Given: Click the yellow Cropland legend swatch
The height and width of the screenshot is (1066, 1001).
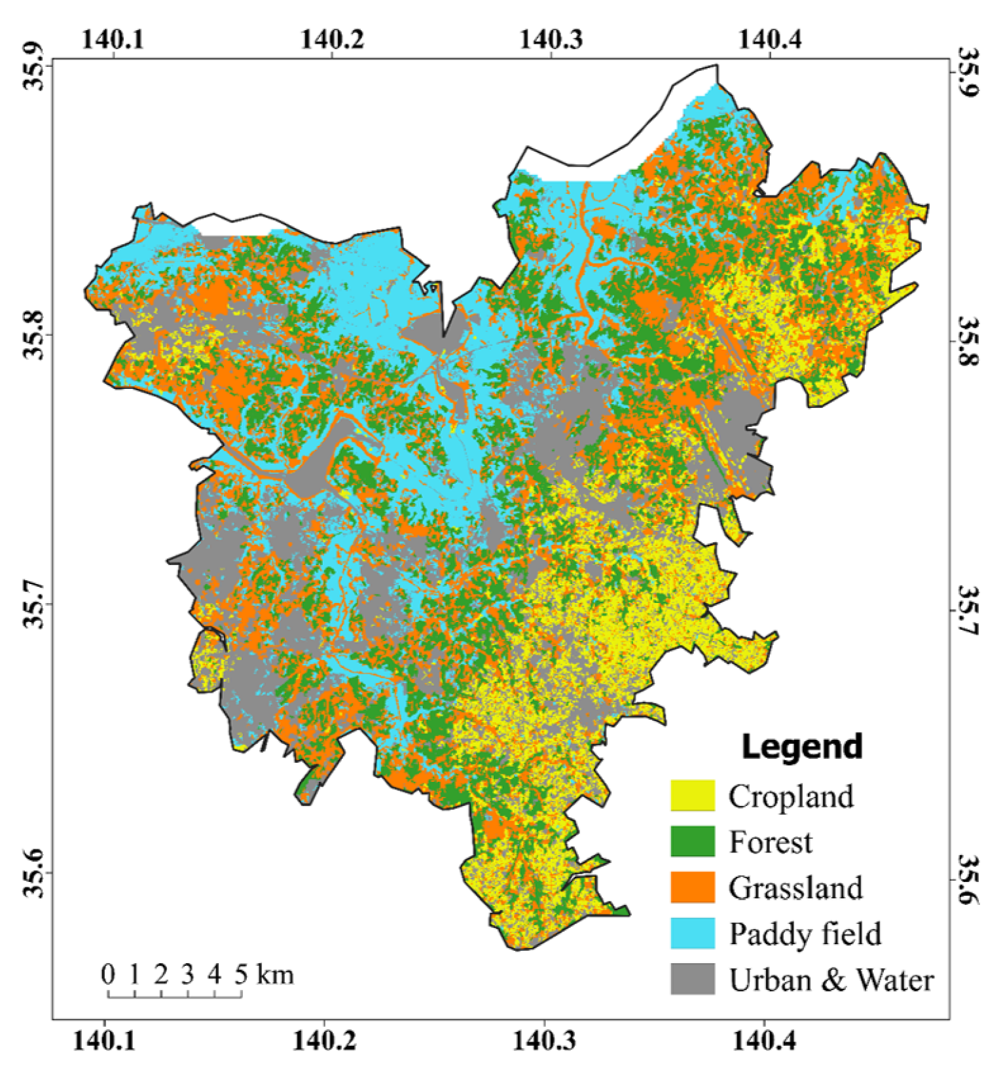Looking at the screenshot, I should pos(692,796).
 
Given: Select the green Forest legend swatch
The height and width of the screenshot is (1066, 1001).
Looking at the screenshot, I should pos(692,841).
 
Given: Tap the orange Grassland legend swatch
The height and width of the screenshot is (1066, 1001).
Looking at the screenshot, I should pos(692,887).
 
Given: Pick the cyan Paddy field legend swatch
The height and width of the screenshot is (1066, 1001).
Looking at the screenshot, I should pos(692,933).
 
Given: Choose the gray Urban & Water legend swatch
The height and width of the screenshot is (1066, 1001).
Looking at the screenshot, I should pos(692,979).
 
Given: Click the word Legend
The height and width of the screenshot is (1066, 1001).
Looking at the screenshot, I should pos(801,746).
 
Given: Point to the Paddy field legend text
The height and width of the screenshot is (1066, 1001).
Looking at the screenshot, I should pos(805,934).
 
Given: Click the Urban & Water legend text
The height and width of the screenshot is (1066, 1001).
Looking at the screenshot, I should pos(831,980).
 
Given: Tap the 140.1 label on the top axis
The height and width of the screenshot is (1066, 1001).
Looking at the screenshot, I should pos(113,39).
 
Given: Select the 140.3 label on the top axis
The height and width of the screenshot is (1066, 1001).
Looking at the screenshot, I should pos(551,39).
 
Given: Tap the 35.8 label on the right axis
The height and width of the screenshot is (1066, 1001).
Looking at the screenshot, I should pos(968,342).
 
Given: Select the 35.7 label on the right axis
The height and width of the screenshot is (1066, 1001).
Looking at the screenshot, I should pos(968,610).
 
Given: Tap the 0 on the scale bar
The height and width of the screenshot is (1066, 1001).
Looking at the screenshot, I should pos(108,974).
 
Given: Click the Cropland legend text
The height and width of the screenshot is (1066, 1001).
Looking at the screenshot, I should pos(791,796).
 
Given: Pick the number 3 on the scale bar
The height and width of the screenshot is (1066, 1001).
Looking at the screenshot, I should pos(188,974).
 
